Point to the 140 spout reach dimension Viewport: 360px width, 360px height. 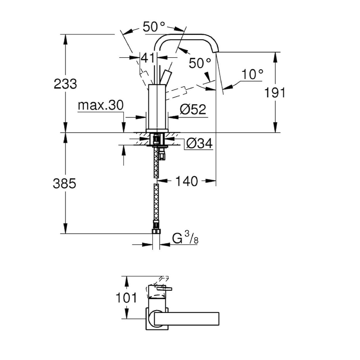point(186,181)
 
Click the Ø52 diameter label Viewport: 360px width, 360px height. point(193,110)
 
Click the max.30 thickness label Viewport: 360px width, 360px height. point(100,105)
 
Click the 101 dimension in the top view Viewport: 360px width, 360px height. point(126,298)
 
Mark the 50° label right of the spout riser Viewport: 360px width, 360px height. point(200,63)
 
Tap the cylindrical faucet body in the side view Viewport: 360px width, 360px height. point(157,106)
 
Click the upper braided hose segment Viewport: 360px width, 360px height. point(156,163)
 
